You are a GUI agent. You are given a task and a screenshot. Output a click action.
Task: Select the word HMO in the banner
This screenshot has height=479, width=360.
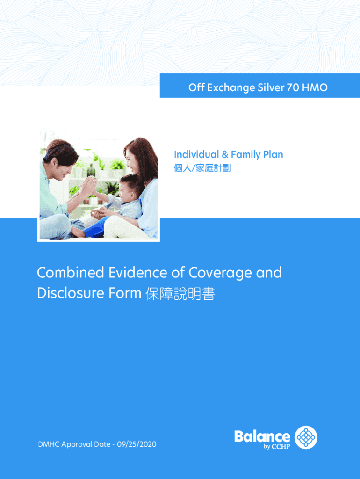tap(315, 87)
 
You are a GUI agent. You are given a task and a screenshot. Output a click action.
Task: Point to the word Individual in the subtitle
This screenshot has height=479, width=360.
tap(196, 154)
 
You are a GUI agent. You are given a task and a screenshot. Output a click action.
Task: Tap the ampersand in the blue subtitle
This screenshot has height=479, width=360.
tap(225, 154)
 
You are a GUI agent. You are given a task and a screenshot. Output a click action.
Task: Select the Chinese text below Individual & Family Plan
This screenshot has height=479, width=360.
tap(202, 168)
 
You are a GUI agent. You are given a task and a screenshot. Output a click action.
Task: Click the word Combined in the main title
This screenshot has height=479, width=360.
tap(71, 273)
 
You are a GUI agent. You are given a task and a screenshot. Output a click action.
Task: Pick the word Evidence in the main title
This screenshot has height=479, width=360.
tap(138, 273)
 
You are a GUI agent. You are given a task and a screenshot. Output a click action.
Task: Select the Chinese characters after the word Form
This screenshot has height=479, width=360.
tap(180, 294)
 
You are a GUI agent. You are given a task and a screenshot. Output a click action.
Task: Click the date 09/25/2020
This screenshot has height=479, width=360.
tap(137, 444)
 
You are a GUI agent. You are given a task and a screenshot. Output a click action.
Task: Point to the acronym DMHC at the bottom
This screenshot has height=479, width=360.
tap(49, 444)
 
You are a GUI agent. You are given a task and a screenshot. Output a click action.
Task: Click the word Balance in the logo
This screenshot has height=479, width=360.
tap(262, 436)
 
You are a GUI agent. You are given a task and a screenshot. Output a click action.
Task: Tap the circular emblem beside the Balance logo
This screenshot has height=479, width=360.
tap(306, 437)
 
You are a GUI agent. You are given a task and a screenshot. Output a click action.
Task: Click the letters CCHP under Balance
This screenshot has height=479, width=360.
tap(281, 447)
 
